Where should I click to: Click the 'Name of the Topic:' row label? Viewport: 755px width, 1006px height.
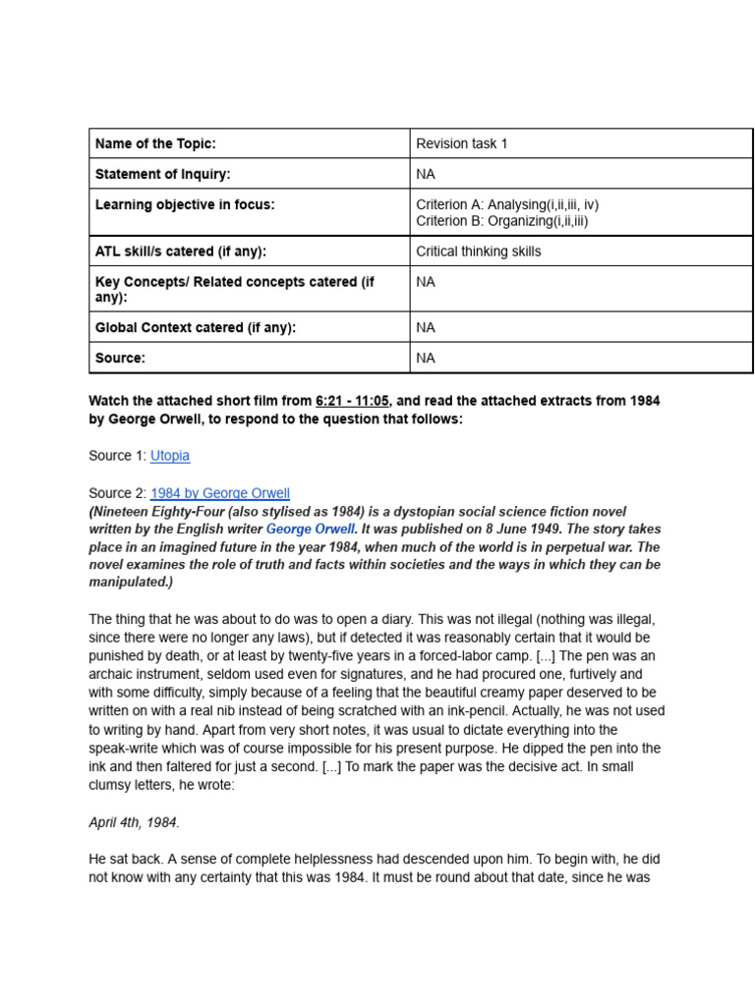pos(155,143)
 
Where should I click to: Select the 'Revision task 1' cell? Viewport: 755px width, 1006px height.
pos(462,143)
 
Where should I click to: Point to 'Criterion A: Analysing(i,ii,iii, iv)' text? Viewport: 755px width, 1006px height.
pos(507,204)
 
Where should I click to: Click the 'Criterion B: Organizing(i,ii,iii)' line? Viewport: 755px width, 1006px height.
pos(502,221)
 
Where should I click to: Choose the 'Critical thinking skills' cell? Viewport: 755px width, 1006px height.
pos(479,251)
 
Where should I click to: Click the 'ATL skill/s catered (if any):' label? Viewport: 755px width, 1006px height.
pos(181,251)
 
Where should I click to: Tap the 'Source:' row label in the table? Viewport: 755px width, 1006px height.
pos(120,358)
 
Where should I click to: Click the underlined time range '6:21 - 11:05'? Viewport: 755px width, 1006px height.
pos(352,401)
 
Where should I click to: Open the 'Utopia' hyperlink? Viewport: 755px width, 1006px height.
pos(170,456)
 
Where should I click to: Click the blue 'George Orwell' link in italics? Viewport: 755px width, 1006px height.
pos(310,529)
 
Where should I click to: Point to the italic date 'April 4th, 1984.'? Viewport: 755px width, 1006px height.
pos(134,822)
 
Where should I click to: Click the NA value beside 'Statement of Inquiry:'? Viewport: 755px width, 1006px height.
pos(426,174)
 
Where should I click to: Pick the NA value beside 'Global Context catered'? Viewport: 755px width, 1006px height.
pos(426,327)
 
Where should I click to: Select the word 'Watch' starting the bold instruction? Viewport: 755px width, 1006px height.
pos(109,401)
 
